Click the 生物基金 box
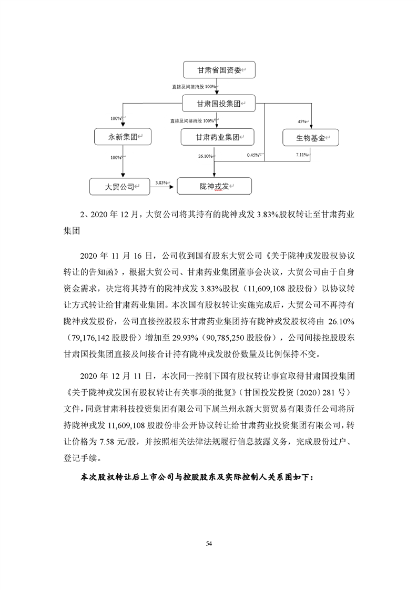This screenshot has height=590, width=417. click(x=310, y=138)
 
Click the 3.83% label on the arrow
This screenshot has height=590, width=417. click(x=161, y=182)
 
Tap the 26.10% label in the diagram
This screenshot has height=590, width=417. click(x=205, y=156)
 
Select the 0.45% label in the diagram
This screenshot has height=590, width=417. click(x=253, y=155)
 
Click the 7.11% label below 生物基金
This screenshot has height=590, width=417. click(x=302, y=155)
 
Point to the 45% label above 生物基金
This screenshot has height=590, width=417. click(x=302, y=121)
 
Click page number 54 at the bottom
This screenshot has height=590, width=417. click(x=209, y=542)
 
